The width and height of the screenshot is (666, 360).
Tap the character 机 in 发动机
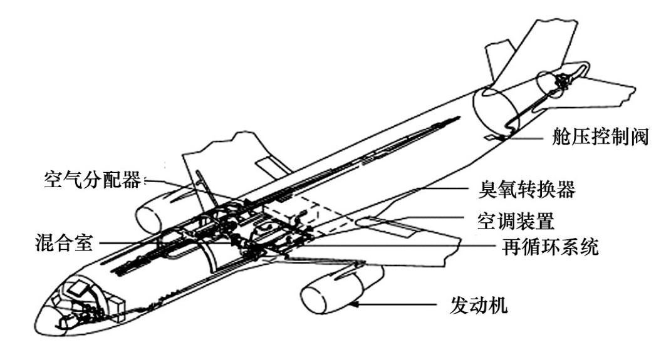[x=498, y=306]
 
